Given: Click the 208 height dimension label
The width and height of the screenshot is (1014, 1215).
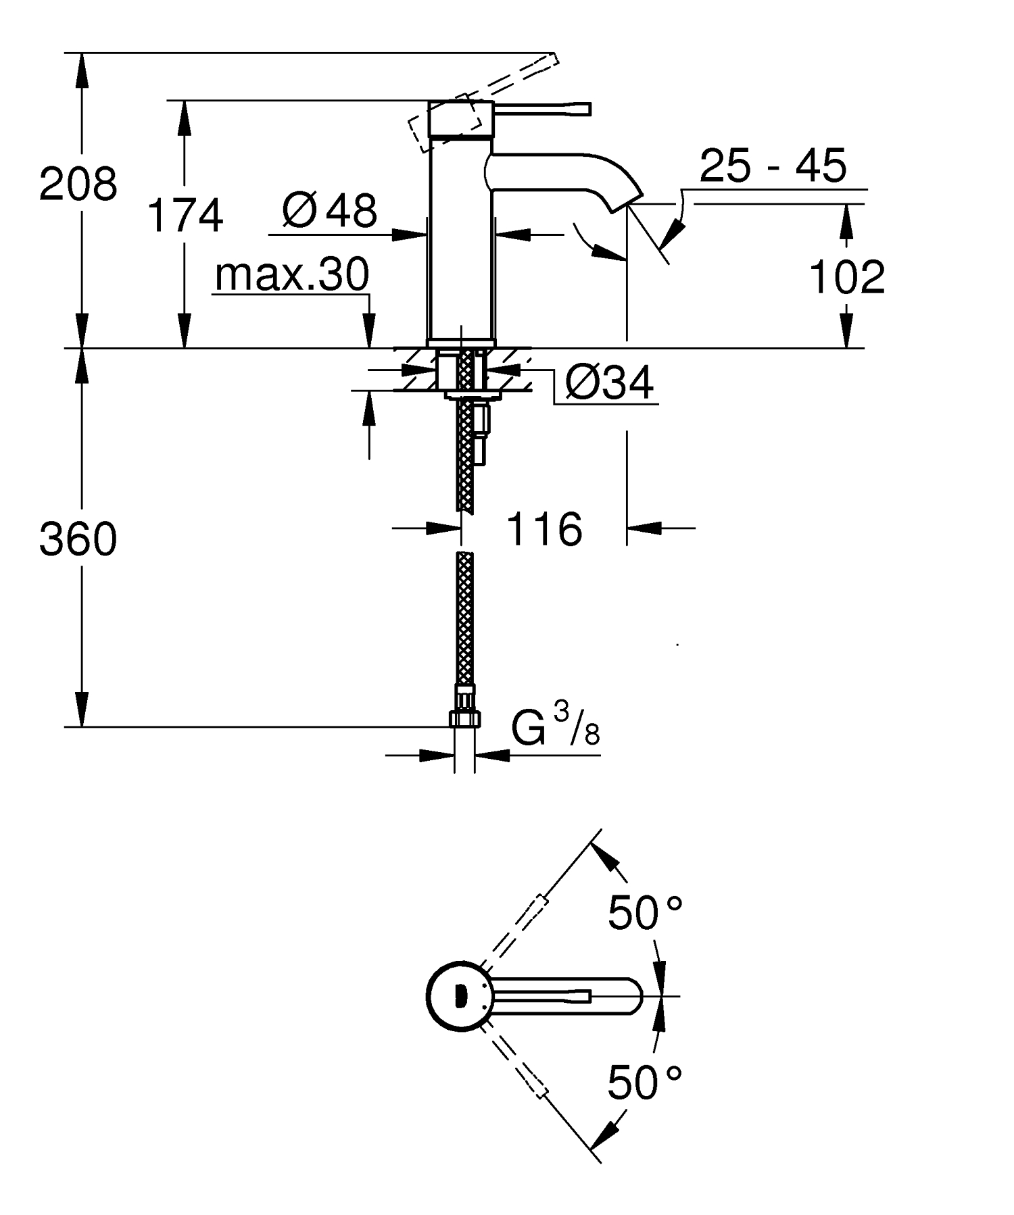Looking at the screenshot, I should tap(78, 184).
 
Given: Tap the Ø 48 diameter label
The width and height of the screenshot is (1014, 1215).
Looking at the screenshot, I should tap(330, 211).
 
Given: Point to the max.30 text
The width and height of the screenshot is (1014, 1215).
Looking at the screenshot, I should tap(292, 274).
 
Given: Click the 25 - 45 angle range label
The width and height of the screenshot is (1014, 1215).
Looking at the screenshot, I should tap(773, 166).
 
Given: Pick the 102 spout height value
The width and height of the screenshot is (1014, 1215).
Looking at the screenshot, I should tap(846, 277).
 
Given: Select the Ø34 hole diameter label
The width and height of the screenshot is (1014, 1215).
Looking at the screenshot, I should tap(609, 383).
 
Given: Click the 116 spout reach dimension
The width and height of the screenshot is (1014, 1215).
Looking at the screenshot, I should tap(544, 529).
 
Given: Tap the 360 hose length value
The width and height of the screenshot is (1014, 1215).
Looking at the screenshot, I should tap(78, 540).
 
